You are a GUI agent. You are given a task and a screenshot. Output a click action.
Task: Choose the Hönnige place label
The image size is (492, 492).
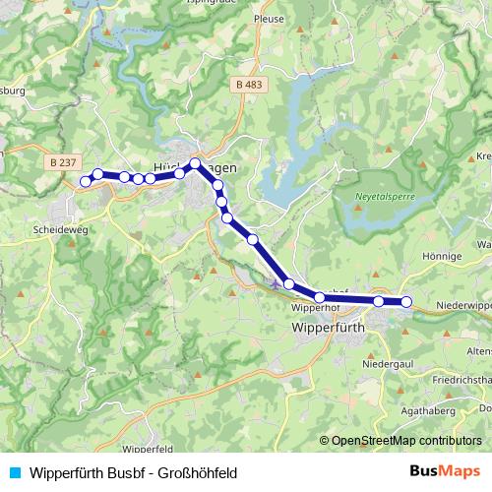[x=442, y=256]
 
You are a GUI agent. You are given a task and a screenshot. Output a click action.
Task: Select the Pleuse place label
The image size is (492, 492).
[x=268, y=18]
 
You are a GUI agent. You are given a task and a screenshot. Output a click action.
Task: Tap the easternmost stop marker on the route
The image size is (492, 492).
[x=406, y=302]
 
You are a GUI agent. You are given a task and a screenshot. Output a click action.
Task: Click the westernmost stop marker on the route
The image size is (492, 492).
[x=86, y=181]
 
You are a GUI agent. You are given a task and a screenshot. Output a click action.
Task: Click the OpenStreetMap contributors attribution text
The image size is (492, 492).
[x=406, y=440]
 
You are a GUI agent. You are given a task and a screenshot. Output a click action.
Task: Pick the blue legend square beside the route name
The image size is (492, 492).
[x=13, y=472]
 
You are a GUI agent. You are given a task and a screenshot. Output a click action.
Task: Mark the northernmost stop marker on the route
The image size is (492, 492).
[x=196, y=163]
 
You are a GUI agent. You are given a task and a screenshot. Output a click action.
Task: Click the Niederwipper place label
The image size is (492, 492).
[x=462, y=305]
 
